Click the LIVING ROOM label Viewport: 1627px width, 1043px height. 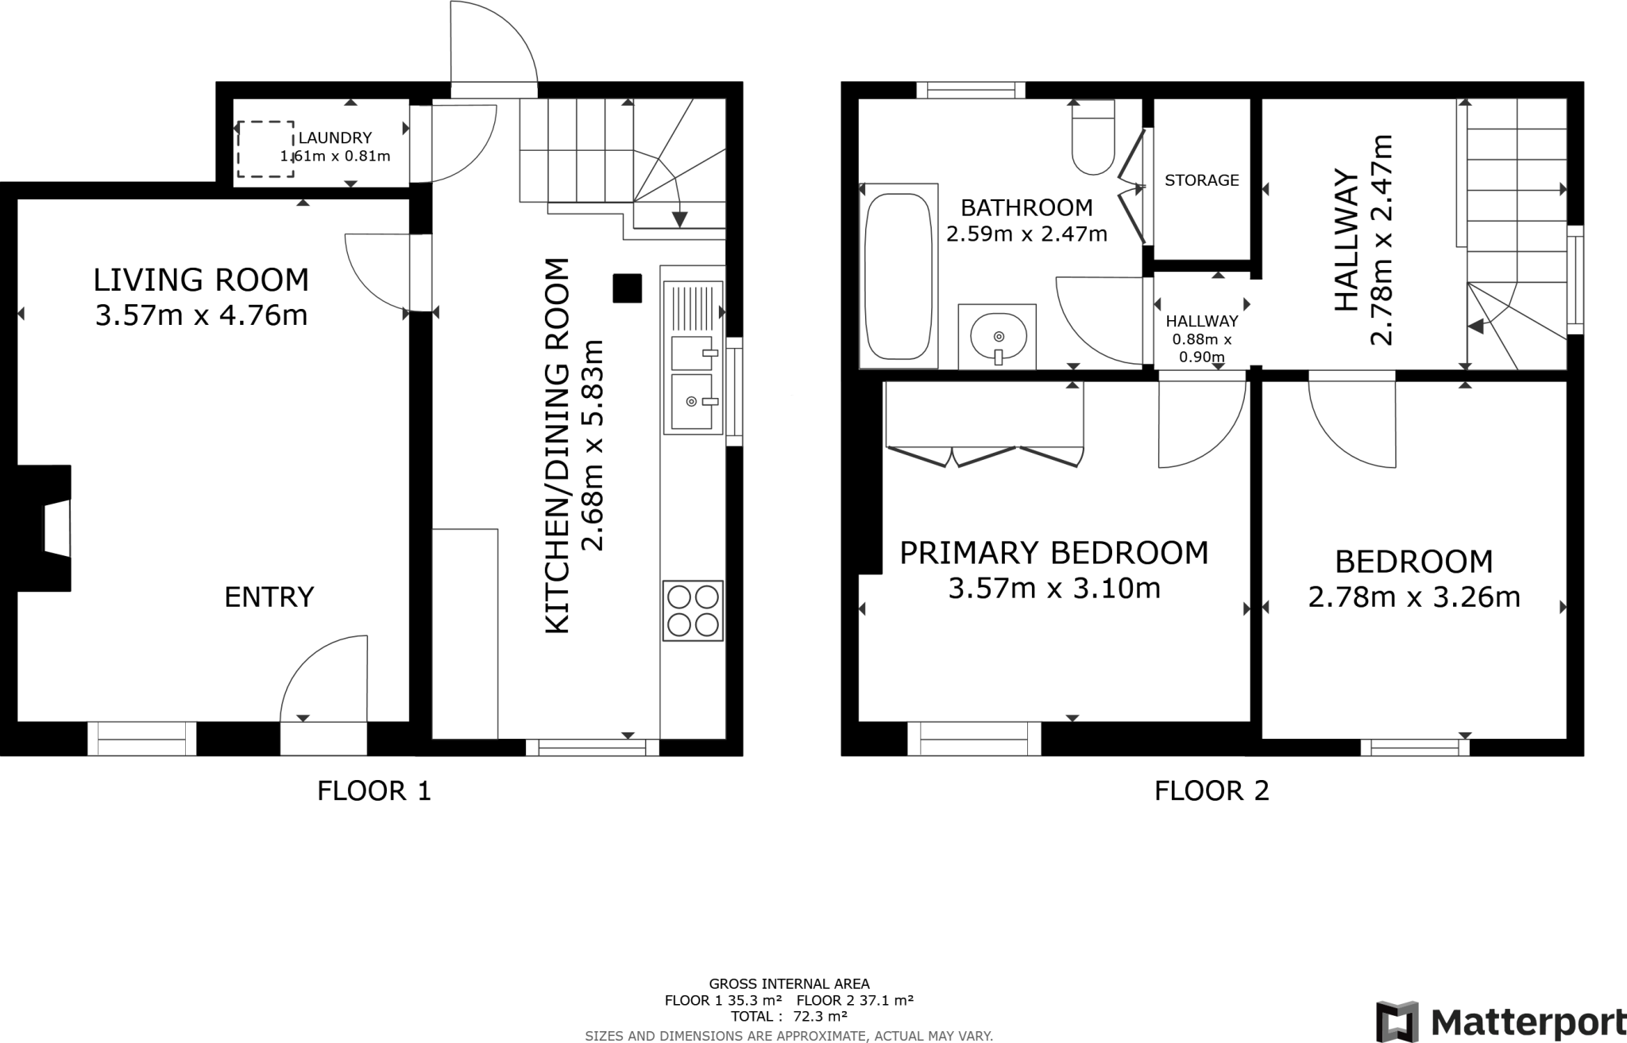pyautogui.click(x=201, y=280)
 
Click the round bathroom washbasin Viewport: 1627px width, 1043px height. pyautogui.click(x=998, y=337)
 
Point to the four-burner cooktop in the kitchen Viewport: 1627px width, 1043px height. pyautogui.click(x=693, y=610)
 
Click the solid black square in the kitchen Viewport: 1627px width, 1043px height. pyautogui.click(x=627, y=288)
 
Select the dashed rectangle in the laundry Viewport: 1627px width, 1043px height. pyautogui.click(x=265, y=149)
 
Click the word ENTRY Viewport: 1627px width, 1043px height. pyautogui.click(x=269, y=597)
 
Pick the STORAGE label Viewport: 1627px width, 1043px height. pyautogui.click(x=1201, y=180)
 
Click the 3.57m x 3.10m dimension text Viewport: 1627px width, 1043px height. pyautogui.click(x=1054, y=589)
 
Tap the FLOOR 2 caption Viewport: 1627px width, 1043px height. pyautogui.click(x=1211, y=790)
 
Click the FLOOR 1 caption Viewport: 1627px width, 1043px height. pyautogui.click(x=373, y=790)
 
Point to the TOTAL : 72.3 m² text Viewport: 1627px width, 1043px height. pyautogui.click(x=788, y=1016)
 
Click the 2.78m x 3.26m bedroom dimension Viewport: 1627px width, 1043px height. pyautogui.click(x=1413, y=597)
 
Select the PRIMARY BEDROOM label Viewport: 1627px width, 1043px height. pyautogui.click(x=1053, y=553)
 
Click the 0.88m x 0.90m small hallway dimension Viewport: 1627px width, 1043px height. pyautogui.click(x=1201, y=348)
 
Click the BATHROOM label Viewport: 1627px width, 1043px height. pyautogui.click(x=1026, y=208)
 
